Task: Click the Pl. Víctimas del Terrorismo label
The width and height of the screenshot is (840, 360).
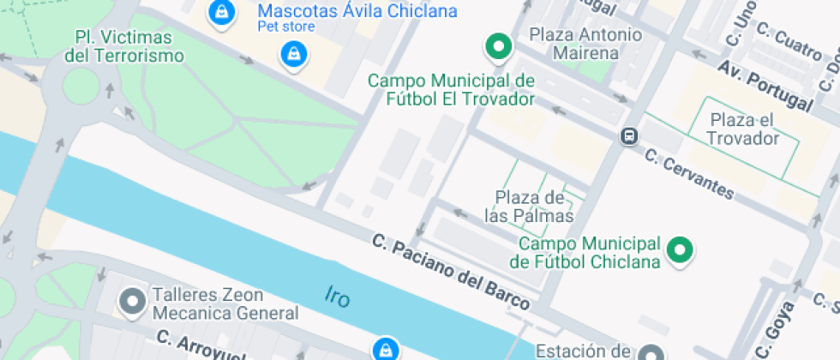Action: point(124,47)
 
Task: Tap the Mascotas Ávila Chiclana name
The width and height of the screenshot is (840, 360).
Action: point(357,12)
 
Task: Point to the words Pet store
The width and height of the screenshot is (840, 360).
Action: point(286,27)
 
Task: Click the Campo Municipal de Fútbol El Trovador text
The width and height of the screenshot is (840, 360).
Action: point(451,90)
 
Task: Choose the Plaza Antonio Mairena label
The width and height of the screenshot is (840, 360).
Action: point(585,44)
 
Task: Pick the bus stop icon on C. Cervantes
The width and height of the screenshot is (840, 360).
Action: point(630,136)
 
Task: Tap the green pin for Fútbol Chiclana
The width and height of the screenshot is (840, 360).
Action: point(681,250)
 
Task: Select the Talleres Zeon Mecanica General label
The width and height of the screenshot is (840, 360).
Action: point(225,303)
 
